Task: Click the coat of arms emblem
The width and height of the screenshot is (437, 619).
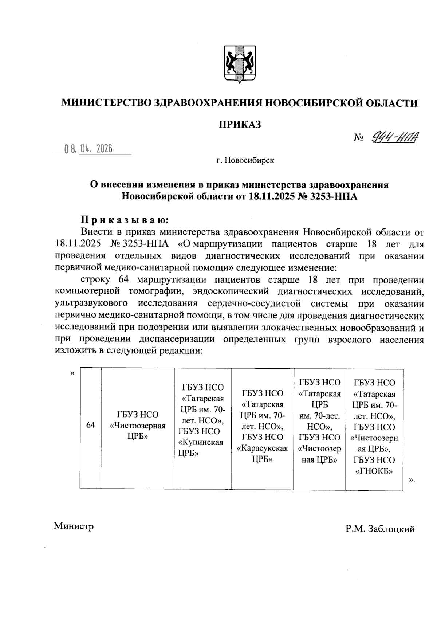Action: click(x=240, y=65)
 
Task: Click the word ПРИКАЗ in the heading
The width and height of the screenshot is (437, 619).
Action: click(x=240, y=125)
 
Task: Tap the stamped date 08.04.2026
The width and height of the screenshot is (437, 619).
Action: click(x=88, y=149)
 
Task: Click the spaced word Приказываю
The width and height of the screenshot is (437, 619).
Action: click(x=125, y=220)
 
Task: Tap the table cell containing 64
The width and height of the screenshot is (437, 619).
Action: click(x=90, y=425)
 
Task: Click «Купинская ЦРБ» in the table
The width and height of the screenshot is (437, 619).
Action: click(x=200, y=448)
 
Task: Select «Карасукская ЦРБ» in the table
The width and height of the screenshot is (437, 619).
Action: click(x=262, y=454)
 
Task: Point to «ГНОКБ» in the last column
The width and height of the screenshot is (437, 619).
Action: click(x=374, y=471)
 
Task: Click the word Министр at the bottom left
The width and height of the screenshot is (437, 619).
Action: click(x=74, y=526)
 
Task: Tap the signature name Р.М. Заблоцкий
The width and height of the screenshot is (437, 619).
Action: click(x=380, y=529)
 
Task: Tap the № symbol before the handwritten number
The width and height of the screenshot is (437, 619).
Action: click(x=359, y=138)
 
